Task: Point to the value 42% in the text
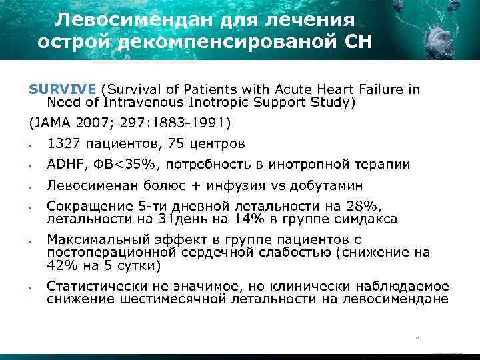coord(61,265)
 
